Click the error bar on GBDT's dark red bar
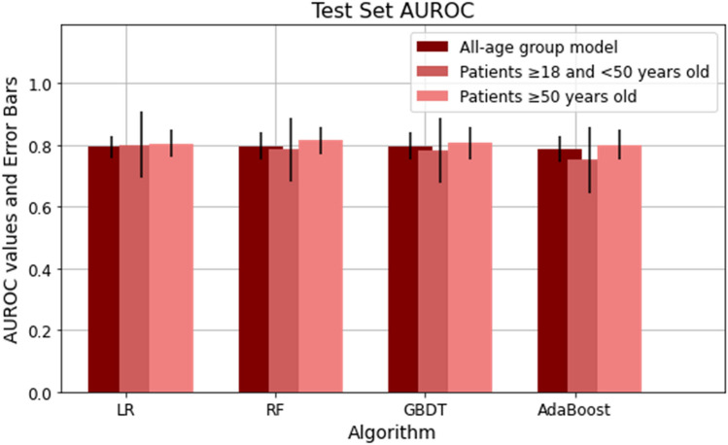tap(410, 146)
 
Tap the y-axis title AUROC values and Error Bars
tap(13, 208)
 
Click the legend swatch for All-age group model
tap(432, 47)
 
